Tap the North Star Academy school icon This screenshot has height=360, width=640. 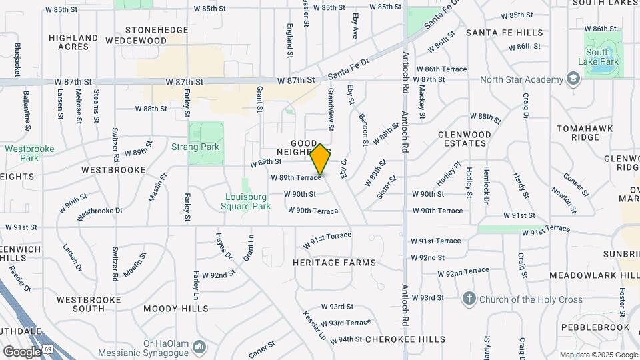pyautogui.click(x=573, y=79)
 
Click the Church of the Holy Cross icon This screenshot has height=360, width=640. pyautogui.click(x=470, y=299)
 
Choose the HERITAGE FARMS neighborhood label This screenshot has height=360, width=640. pyautogui.click(x=334, y=263)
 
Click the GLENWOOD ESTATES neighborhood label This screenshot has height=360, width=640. pyautogui.click(x=471, y=139)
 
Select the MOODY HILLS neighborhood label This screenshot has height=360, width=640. pyautogui.click(x=175, y=309)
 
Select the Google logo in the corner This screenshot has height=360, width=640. pyautogui.click(x=21, y=351)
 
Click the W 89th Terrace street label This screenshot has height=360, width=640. pyautogui.click(x=295, y=177)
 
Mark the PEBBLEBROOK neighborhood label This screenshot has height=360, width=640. pyautogui.click(x=595, y=327)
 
